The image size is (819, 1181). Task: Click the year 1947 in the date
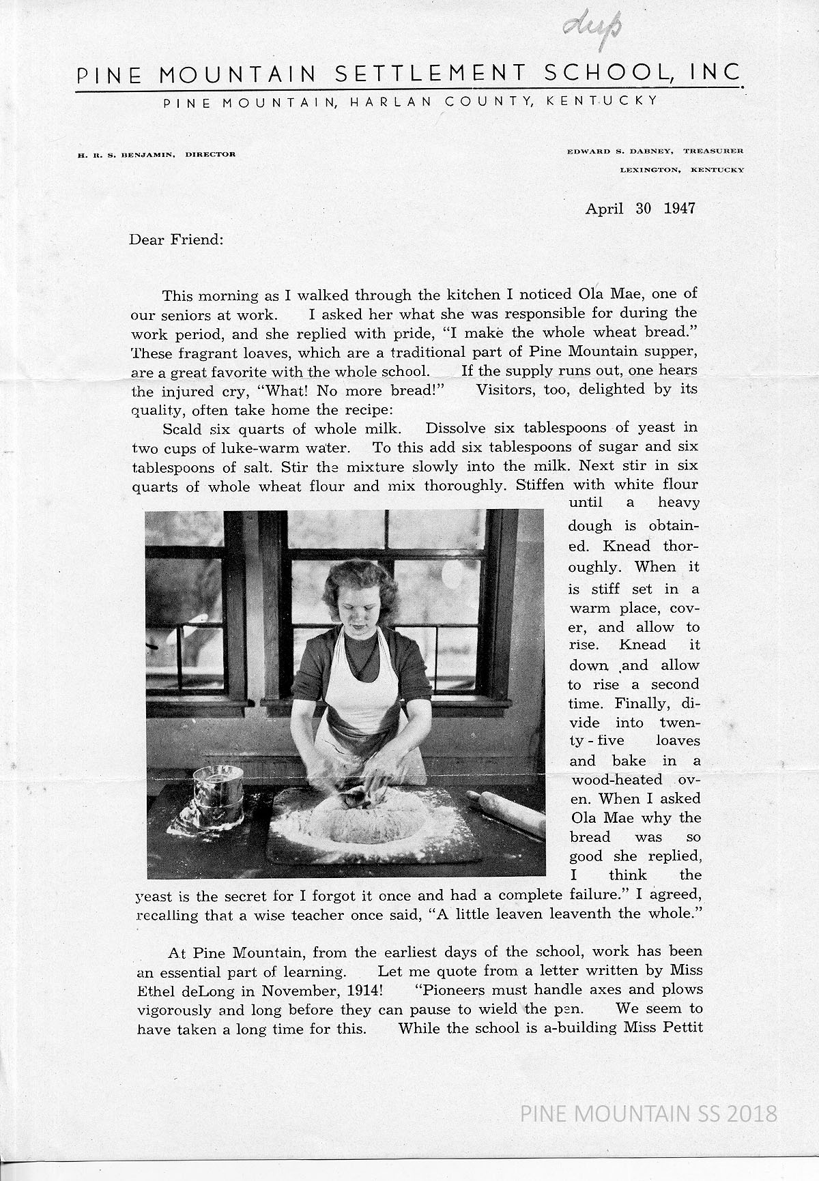tap(679, 208)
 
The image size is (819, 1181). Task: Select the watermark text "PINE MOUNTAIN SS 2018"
tap(648, 1114)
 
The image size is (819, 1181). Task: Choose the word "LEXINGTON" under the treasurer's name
tap(650, 170)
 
